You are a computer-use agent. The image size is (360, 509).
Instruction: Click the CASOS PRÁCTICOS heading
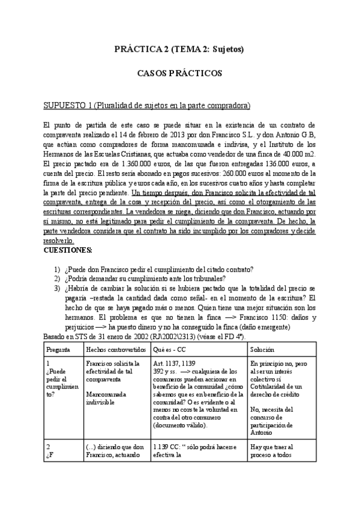point(179,74)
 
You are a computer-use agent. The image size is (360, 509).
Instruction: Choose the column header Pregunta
point(58,348)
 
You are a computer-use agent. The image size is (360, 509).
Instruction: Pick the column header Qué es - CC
point(170,348)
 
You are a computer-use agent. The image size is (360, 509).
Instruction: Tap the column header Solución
point(263,348)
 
